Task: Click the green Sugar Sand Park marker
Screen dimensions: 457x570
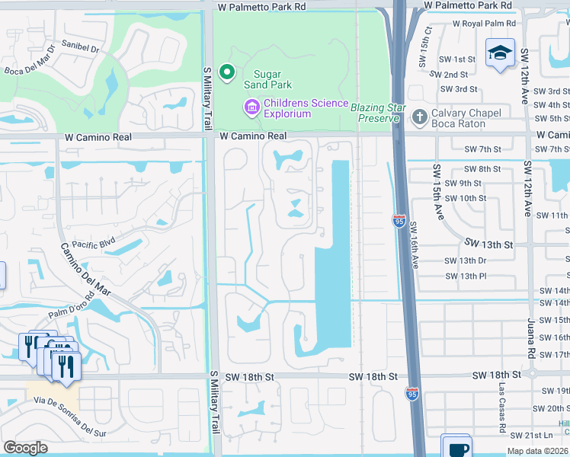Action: click(226, 72)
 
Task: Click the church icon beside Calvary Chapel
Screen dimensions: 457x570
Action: click(418, 117)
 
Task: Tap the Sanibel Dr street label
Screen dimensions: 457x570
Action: click(81, 47)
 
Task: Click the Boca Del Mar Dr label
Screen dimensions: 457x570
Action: click(29, 64)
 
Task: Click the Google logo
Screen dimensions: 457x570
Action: click(25, 447)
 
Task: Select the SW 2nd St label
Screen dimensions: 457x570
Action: click(448, 75)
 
